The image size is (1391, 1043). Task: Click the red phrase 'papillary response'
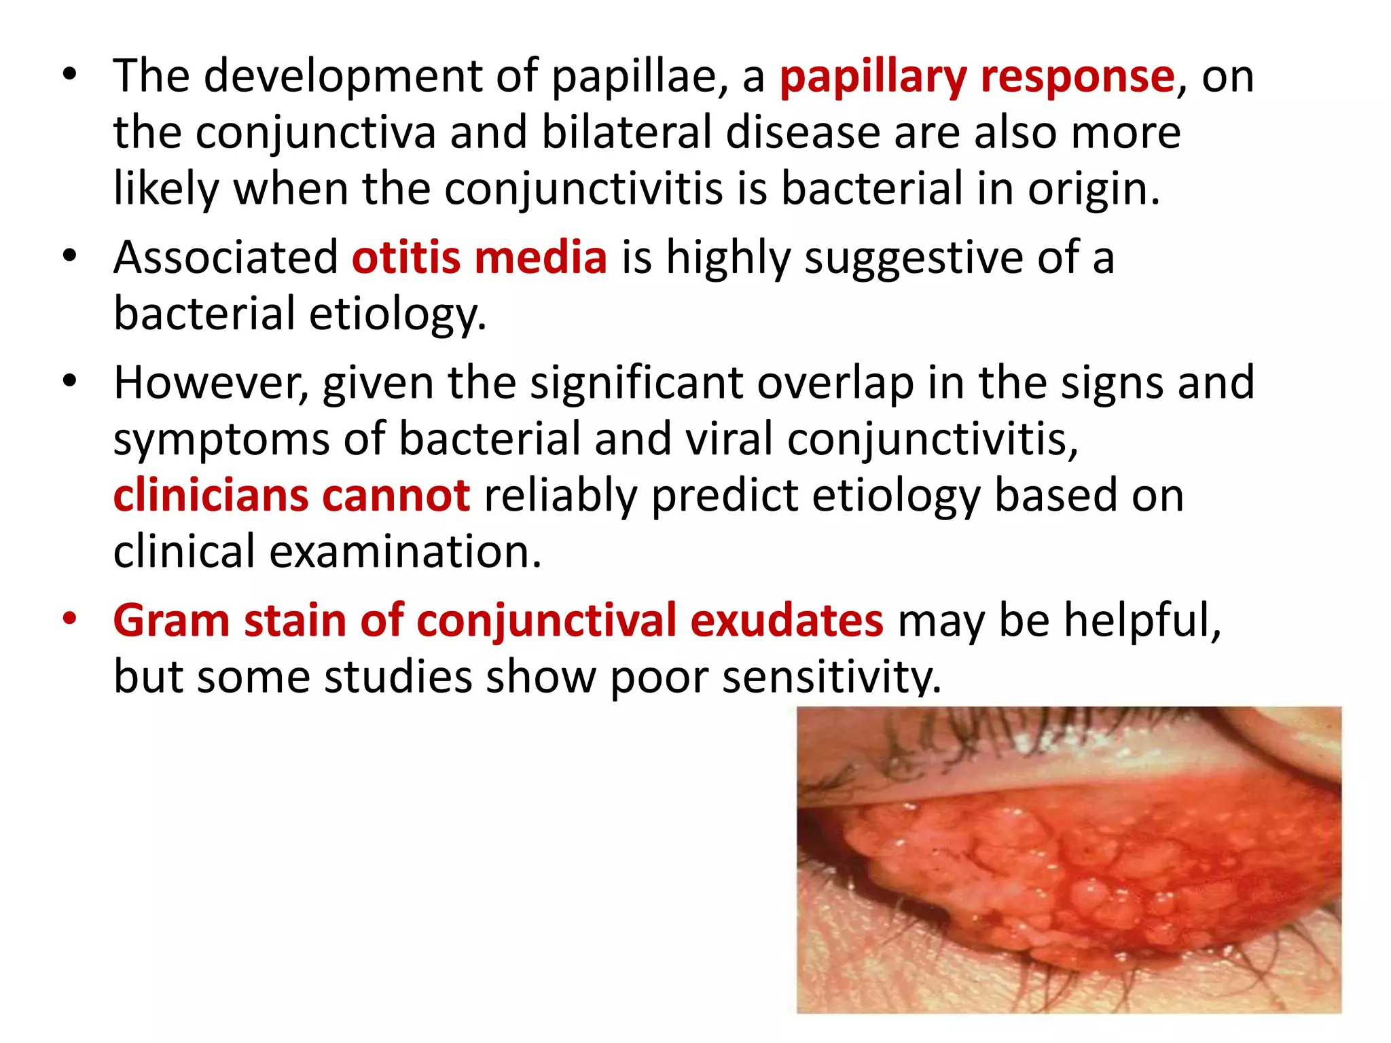coord(977,76)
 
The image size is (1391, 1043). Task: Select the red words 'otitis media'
coord(479,258)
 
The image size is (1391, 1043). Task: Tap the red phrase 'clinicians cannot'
coord(291,495)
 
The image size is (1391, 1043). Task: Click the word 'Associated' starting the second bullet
coord(225,258)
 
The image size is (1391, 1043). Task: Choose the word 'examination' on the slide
coord(405,551)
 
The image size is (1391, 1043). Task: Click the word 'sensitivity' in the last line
coord(831,677)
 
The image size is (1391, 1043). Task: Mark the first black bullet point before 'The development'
coord(69,74)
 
